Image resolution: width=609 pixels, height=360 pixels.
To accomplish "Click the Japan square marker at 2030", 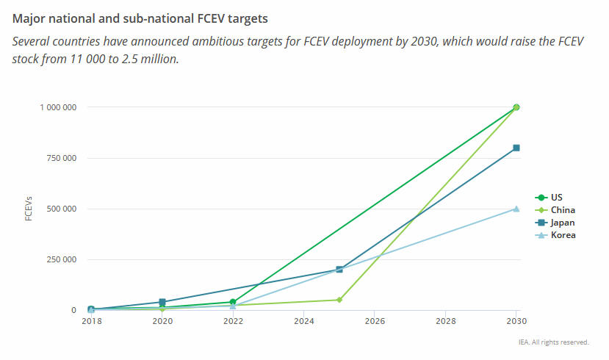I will [516, 148].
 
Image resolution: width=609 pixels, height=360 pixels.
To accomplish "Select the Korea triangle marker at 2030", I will [516, 209].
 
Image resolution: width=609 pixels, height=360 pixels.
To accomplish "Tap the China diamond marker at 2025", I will [339, 300].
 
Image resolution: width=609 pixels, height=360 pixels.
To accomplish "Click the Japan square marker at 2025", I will [339, 270].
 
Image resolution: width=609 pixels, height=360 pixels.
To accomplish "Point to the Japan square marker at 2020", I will [162, 302].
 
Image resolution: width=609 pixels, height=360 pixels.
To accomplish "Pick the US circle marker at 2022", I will [233, 302].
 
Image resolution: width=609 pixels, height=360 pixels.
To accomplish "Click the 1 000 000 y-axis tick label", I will [59, 107].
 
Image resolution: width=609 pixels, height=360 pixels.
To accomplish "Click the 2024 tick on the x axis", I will [304, 322].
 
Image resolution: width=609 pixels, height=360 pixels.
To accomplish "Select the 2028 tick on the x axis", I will [446, 322].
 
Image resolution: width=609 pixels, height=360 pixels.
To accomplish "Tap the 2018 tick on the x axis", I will [91, 322].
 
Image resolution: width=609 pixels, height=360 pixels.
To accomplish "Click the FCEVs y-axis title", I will [29, 209].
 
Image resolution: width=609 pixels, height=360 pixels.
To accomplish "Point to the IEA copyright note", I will [552, 342].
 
